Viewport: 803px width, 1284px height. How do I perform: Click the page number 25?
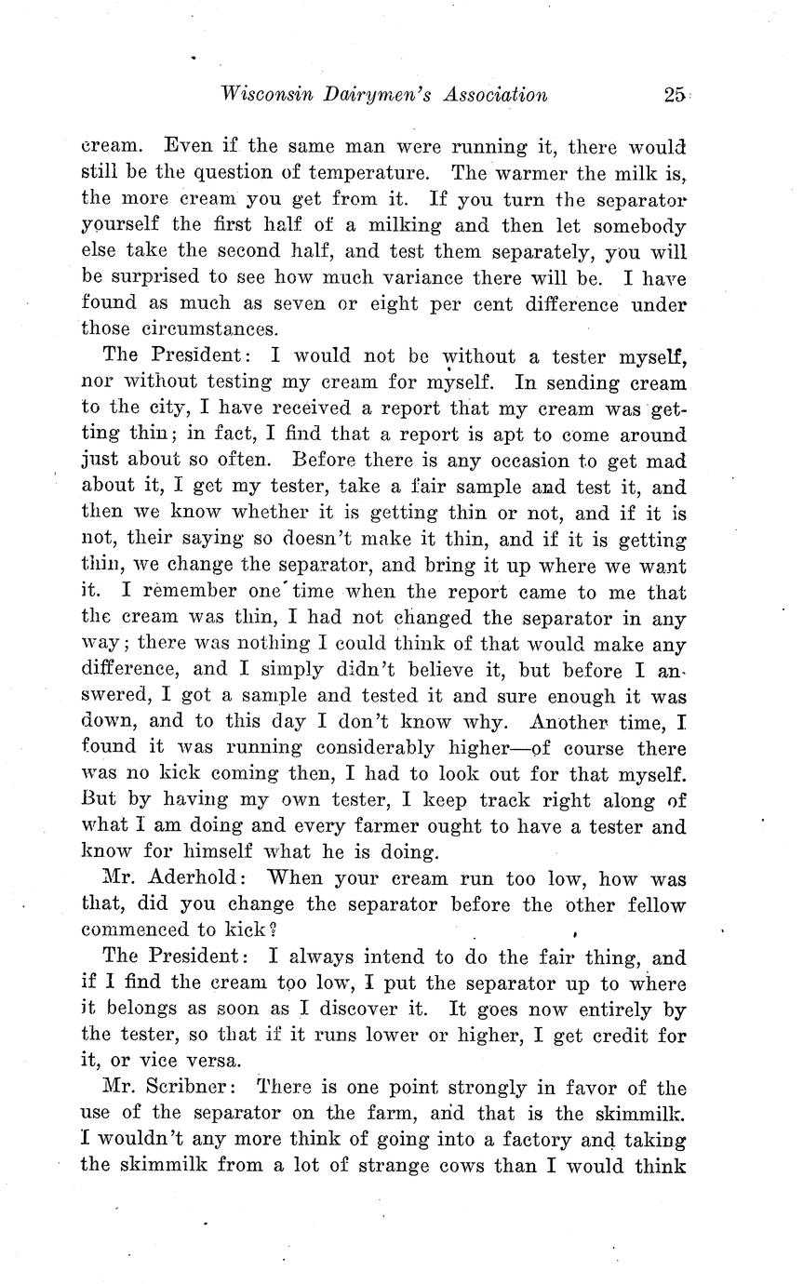point(675,94)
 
